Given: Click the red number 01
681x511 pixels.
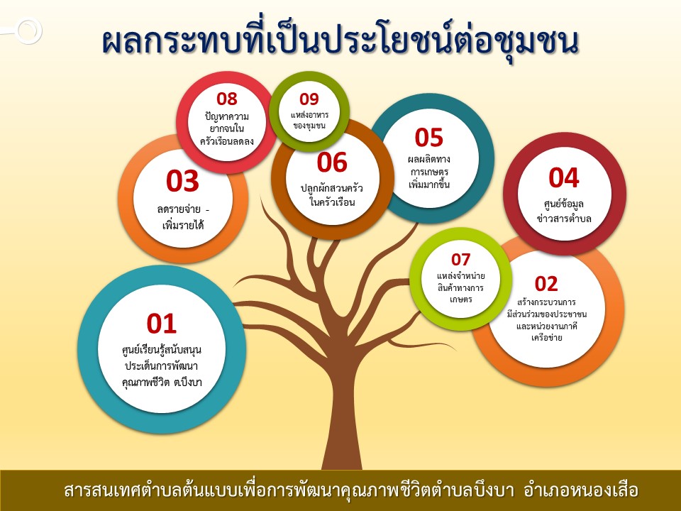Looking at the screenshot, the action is coord(162,324).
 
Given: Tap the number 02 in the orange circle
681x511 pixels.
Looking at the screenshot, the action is coord(546,284).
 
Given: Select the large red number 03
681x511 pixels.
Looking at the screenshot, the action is coord(182,181).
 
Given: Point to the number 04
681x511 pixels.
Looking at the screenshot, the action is coord(564,177).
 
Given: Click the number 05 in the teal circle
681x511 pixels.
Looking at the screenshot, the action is coord(428,138).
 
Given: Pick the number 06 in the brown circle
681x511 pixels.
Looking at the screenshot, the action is coord(332,163).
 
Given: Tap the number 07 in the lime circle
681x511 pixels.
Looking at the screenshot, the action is coord(460,260).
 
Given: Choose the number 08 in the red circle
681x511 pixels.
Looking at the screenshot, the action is coord(227,99).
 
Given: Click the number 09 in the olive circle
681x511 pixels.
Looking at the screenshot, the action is coord(309,99).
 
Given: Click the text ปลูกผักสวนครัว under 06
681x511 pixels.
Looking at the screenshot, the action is coord(332,188).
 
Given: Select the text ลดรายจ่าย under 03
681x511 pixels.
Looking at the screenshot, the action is coord(179,209).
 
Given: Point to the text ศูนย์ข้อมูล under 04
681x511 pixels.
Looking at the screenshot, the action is coord(564,204).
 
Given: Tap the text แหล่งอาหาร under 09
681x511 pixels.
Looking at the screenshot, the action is coord(309,115).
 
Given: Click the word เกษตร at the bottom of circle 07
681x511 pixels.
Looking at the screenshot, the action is coord(461,300).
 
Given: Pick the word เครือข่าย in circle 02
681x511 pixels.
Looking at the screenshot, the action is coord(546,338).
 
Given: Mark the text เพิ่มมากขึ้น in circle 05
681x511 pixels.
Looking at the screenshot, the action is coord(428,185).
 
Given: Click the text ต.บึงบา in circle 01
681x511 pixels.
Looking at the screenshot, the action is coord(187,383).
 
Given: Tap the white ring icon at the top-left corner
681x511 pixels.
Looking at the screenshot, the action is coord(28,31).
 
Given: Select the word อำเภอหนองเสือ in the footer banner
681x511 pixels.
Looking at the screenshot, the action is coord(581,490).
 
